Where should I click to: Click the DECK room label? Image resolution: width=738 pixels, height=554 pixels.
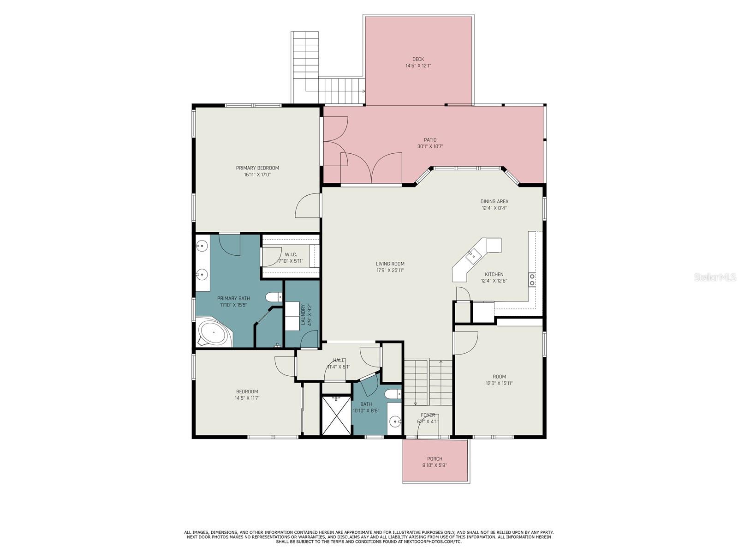418,59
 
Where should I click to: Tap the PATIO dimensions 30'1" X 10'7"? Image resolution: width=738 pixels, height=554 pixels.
430,146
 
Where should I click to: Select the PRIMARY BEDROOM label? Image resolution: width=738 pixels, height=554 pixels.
257,168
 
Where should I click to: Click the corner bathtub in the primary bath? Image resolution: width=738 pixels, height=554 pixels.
214,331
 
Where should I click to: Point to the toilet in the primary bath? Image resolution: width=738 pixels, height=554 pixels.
274,297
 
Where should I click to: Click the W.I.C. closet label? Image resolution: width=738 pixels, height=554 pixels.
291,255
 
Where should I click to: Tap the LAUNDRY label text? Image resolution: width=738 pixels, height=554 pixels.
303,314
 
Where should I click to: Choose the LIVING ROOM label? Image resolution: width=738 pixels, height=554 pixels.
390,264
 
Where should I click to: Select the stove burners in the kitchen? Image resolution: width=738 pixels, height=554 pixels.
532,279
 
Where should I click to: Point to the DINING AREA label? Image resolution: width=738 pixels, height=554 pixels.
494,201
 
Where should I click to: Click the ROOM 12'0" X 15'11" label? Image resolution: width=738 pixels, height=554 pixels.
499,380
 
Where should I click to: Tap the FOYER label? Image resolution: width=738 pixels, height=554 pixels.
428,415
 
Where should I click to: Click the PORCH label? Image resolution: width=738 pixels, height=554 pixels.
435,459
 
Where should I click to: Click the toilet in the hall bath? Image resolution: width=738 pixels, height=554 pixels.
393,394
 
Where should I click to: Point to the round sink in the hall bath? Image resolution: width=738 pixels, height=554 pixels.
395,420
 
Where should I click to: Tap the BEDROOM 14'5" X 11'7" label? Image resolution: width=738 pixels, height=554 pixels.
247,395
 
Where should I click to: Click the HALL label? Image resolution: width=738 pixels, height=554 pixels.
339,360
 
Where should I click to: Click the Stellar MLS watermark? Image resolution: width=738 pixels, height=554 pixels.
715,277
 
